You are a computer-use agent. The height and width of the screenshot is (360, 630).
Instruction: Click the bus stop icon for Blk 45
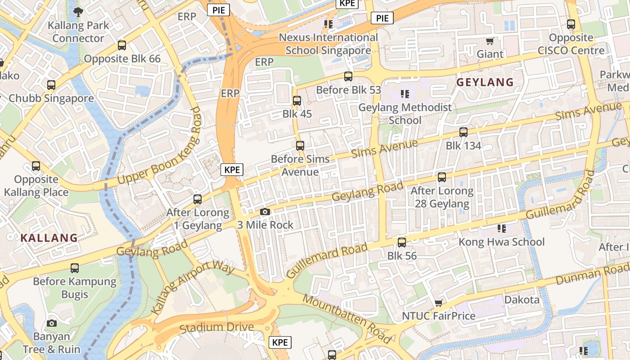coord(297,101)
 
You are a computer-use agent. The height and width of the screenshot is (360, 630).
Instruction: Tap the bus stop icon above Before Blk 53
coord(348,76)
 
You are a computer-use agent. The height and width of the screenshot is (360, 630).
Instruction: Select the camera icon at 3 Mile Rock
coord(265,211)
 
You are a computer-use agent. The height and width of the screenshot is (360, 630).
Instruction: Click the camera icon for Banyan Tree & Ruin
coord(52,323)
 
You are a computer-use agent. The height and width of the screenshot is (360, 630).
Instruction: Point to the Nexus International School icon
coord(328,24)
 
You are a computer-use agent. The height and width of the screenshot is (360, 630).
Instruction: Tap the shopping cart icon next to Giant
coord(490,41)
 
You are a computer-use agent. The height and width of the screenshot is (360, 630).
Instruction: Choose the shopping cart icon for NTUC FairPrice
coord(438,303)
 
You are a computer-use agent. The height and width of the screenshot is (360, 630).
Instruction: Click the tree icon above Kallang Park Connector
coord(78,12)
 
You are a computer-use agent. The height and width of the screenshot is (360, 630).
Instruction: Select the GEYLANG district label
coord(485,82)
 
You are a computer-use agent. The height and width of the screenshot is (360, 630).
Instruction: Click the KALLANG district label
coord(49,238)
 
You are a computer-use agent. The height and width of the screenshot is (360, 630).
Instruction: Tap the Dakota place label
coord(522,300)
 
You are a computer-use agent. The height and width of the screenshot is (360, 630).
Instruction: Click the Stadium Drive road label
coord(216,328)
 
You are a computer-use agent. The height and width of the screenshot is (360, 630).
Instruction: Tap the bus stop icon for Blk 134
coord(463,132)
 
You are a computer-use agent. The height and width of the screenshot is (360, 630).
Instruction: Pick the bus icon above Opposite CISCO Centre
coord(571,24)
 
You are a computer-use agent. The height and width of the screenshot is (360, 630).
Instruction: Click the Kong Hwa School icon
coord(502,229)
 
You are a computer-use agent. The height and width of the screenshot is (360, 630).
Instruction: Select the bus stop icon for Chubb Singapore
coord(51,85)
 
